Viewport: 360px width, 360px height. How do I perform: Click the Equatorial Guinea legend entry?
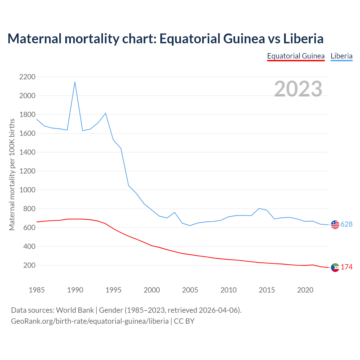click(296, 56)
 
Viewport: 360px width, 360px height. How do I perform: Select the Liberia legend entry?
click(341, 56)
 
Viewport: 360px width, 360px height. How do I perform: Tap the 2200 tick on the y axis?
click(27, 77)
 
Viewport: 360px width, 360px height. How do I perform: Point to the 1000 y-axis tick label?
click(27, 190)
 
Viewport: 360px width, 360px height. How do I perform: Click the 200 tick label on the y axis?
click(29, 265)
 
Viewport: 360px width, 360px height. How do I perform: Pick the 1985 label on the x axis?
click(37, 290)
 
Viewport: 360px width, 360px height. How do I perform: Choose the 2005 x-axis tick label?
click(190, 290)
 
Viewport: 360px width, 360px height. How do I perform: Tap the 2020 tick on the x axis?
click(305, 290)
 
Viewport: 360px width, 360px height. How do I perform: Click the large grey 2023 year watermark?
click(298, 89)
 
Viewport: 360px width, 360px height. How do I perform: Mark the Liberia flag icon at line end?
click(335, 224)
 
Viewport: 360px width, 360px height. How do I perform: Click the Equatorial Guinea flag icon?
click(335, 267)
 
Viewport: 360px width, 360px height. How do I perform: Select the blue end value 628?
click(346, 224)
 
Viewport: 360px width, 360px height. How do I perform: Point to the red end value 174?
click(346, 267)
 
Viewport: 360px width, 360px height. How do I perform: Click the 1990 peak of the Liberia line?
click(75, 82)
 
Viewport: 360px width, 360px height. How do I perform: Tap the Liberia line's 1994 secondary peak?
click(105, 113)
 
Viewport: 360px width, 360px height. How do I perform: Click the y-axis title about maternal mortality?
click(12, 174)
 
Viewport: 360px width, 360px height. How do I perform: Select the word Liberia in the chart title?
click(303, 39)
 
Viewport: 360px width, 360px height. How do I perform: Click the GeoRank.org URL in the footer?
click(90, 321)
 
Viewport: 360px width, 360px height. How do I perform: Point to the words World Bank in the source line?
click(75, 310)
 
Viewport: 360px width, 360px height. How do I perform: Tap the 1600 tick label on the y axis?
click(27, 133)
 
